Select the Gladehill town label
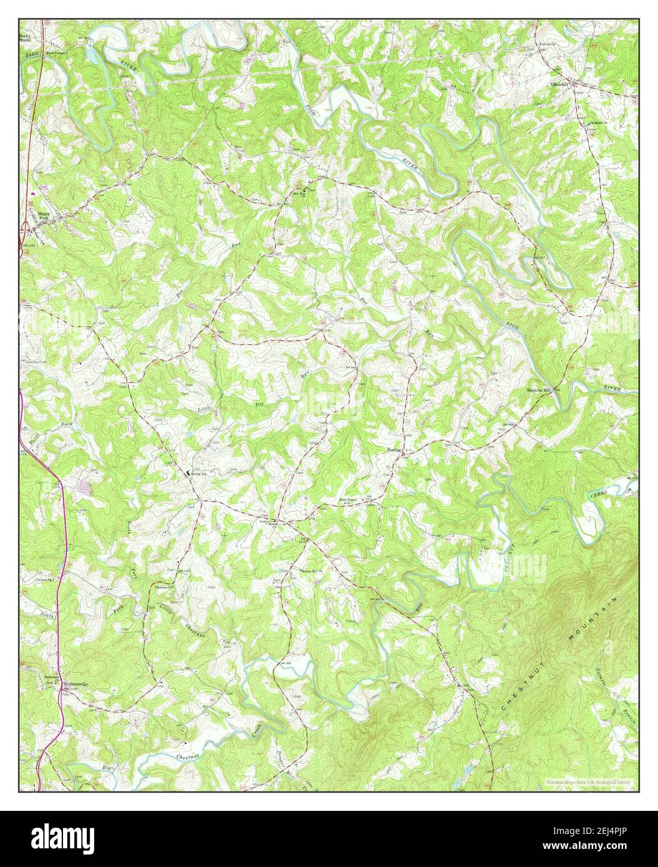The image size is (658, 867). pos(559,84)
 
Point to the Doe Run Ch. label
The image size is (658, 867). pos(302,193)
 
